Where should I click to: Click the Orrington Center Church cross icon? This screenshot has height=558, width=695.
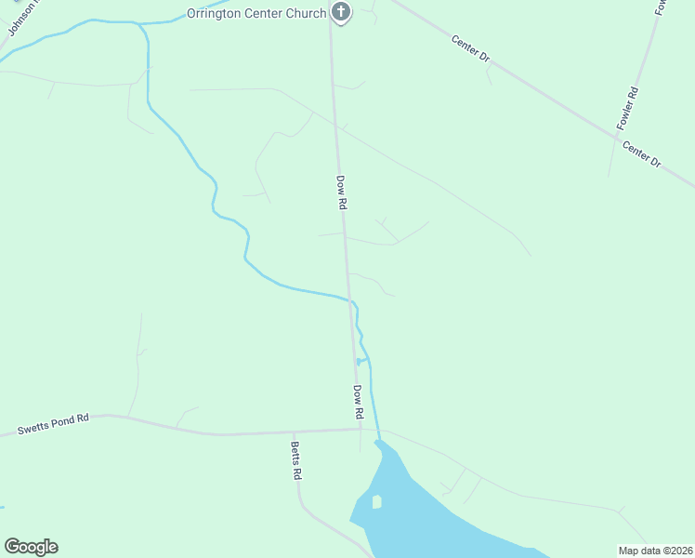341,13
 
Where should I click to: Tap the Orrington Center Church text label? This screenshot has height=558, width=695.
256,13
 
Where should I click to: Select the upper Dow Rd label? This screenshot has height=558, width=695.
341,192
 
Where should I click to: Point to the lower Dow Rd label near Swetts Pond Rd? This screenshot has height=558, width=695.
358,401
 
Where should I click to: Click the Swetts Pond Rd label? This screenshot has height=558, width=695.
53,425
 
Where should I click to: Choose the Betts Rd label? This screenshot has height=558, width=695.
296,458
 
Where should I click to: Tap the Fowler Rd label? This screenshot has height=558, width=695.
628,108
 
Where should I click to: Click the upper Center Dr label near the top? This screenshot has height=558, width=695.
470,48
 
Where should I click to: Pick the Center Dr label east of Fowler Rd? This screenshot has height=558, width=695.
641,154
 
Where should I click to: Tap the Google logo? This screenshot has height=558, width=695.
31,547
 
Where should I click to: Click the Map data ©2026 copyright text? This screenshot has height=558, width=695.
654,551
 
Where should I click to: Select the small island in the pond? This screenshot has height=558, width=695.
376,502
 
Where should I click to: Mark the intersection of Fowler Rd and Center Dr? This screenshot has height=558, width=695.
617,138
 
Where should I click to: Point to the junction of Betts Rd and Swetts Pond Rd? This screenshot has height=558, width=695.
294,432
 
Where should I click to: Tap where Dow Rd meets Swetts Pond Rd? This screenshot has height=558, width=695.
360,430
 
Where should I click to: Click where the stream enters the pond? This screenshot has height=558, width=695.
378,440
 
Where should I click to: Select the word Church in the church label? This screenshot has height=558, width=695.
306,13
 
